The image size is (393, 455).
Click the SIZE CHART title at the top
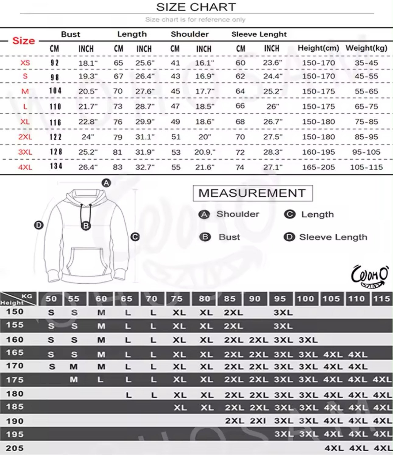point(196,7)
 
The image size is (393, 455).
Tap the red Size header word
point(23,41)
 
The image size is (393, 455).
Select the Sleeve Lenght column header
point(259,34)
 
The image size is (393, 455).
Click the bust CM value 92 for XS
point(55,63)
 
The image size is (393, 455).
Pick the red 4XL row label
point(25,167)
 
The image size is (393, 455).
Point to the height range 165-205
point(318,167)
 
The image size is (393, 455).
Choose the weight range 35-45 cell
point(366,63)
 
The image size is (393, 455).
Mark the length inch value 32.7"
point(145,167)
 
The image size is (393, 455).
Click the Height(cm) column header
point(318,48)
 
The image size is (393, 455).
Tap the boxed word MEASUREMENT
point(253,193)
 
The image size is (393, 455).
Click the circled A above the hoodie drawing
point(106,183)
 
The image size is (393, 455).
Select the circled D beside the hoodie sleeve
point(39,225)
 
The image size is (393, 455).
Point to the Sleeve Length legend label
point(333,237)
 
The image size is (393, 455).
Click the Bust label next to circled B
point(229,237)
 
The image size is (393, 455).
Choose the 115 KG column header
point(381,299)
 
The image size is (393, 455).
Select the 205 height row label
point(15,448)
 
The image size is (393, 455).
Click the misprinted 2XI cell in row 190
point(258,421)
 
